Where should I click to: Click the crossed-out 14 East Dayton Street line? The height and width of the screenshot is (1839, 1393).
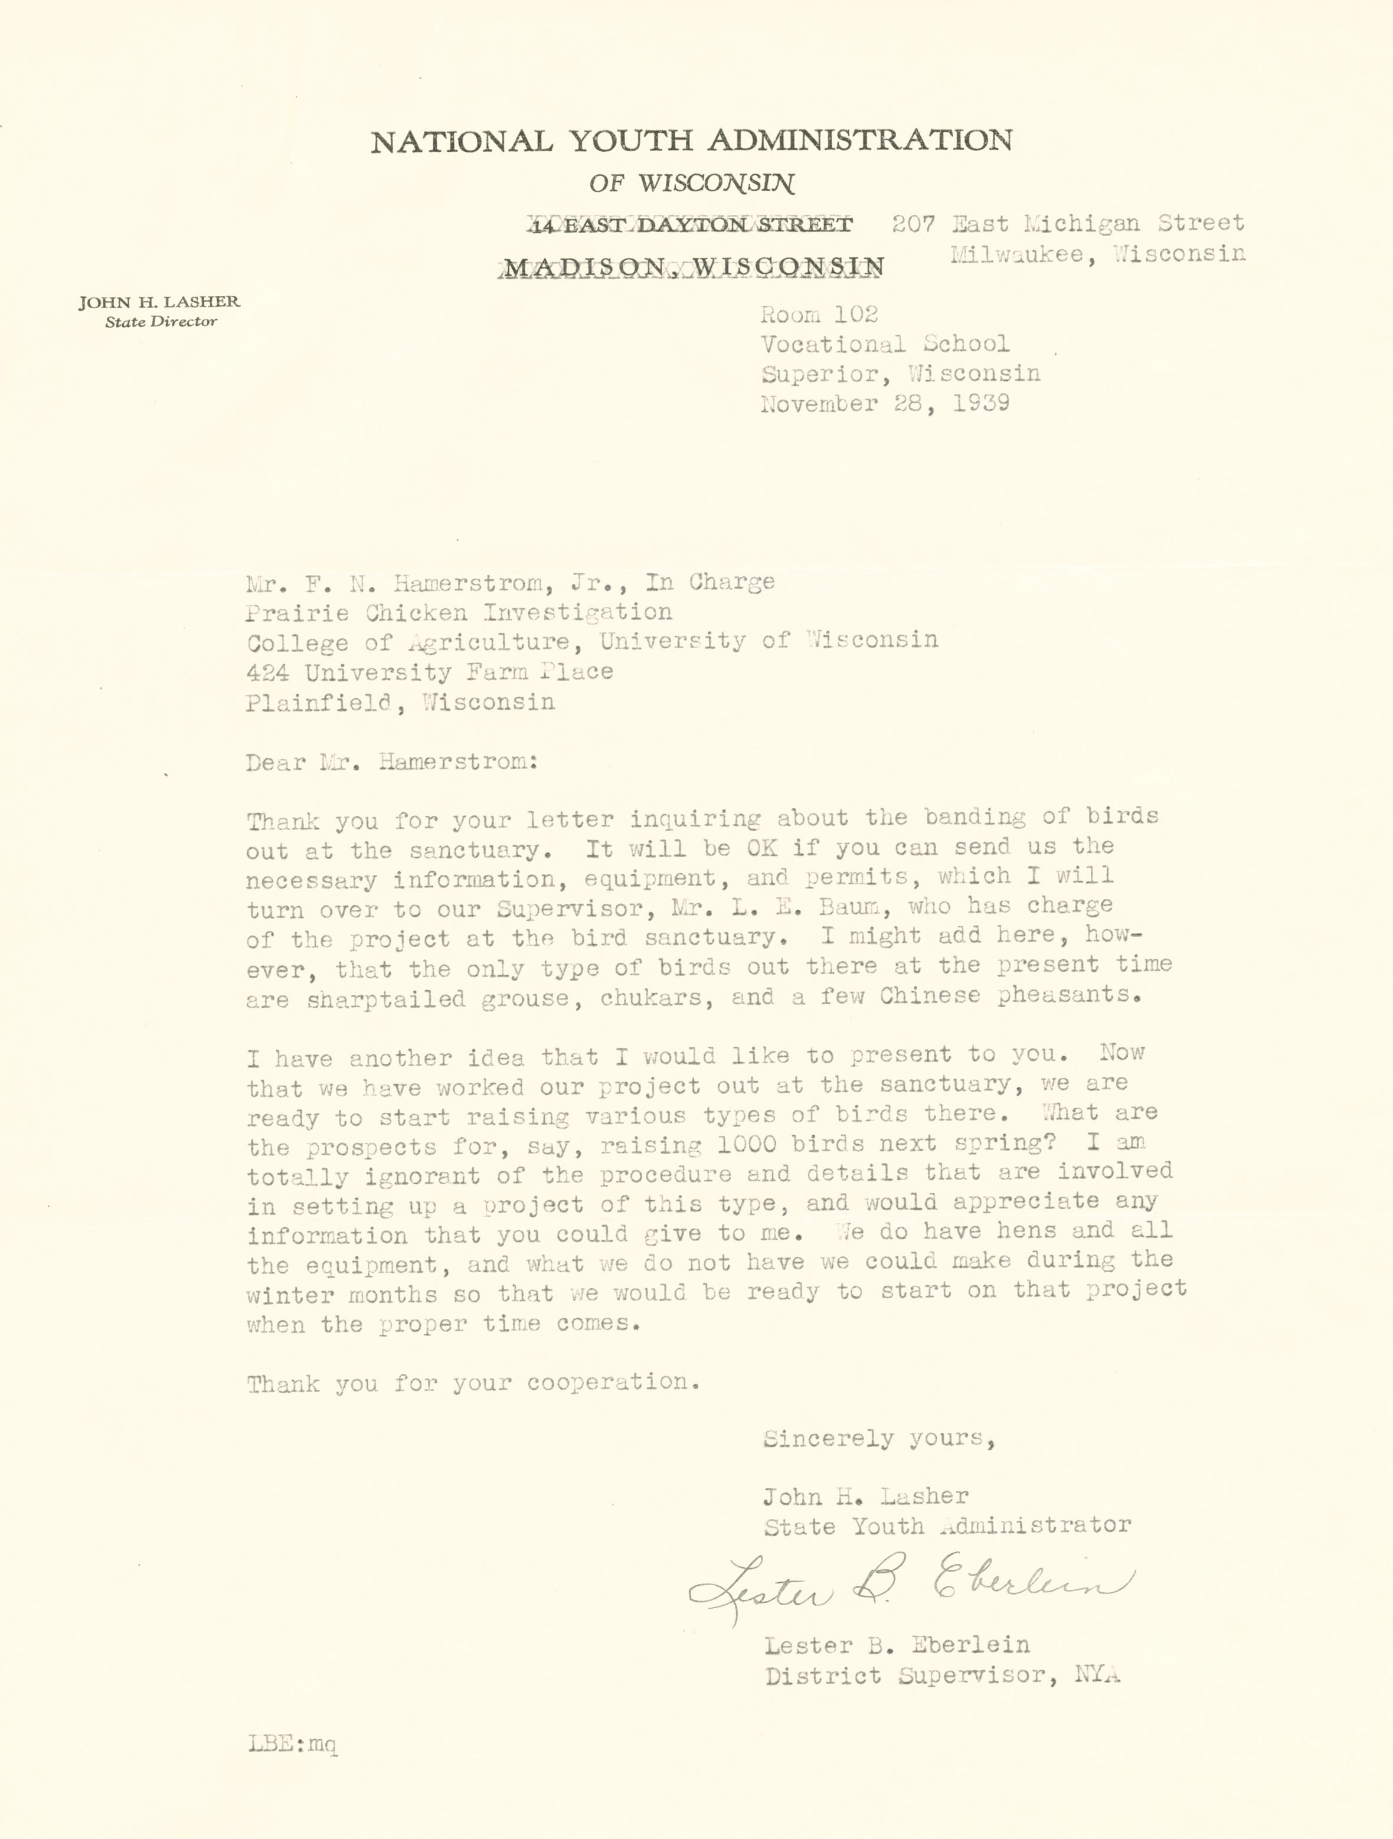click(x=691, y=224)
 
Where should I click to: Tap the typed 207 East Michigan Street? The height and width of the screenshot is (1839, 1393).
click(x=1067, y=223)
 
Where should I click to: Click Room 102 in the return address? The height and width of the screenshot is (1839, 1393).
click(x=819, y=314)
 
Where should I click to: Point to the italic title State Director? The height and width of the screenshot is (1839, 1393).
click(x=161, y=322)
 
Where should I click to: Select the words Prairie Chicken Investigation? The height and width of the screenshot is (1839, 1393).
click(x=458, y=613)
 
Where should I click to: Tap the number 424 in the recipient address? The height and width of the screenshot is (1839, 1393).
click(x=267, y=672)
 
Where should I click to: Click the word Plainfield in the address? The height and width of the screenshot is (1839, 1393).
click(x=318, y=703)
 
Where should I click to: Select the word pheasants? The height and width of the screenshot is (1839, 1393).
click(x=1067, y=995)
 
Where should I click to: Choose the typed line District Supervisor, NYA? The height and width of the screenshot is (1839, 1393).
click(x=941, y=1675)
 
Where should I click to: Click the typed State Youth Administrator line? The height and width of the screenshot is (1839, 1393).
click(x=947, y=1526)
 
